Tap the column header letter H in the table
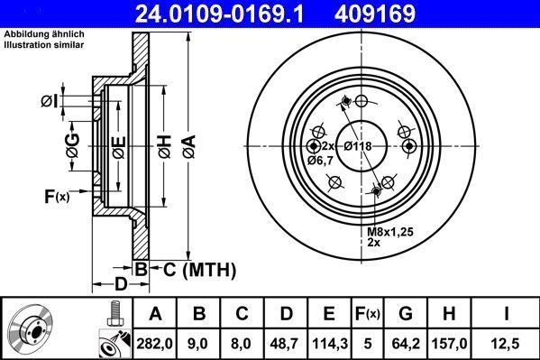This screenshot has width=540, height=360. [x=451, y=313]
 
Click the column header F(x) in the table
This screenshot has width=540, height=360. [x=367, y=313]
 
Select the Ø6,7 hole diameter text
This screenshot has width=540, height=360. [x=320, y=160]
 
